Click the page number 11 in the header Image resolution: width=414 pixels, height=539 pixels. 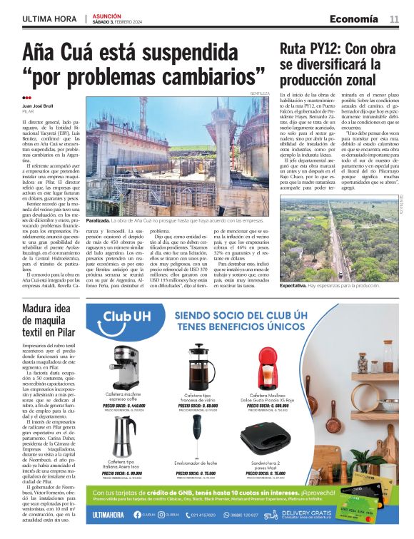click(x=394, y=19)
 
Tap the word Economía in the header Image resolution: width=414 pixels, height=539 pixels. click(x=354, y=19)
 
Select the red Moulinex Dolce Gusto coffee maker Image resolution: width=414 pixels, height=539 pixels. click(x=268, y=368)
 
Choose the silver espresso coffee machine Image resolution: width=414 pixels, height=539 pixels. click(x=126, y=366)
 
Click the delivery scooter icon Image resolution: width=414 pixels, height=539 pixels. click(x=271, y=514)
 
